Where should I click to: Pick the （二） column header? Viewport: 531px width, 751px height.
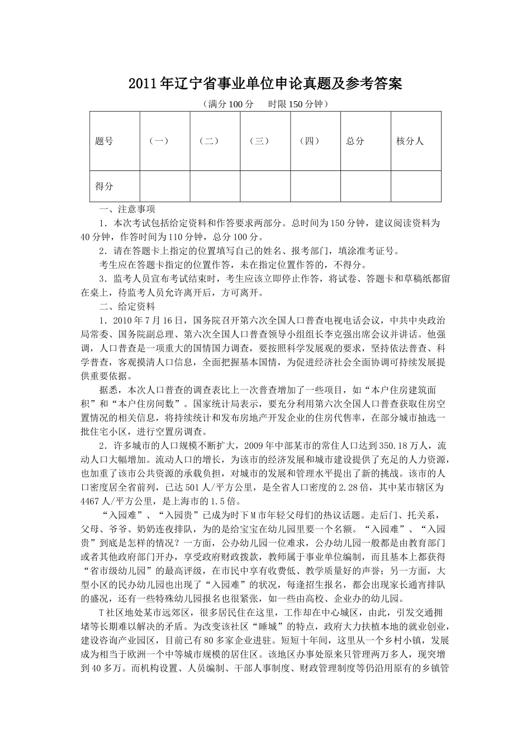(209, 141)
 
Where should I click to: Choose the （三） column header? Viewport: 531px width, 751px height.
(259, 141)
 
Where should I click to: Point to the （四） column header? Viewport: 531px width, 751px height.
(309, 141)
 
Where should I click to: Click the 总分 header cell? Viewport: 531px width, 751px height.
(355, 141)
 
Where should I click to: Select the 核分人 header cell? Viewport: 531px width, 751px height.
(410, 141)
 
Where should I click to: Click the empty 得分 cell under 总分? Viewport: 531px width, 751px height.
(365, 186)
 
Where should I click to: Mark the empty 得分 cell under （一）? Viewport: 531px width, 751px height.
(165, 186)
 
